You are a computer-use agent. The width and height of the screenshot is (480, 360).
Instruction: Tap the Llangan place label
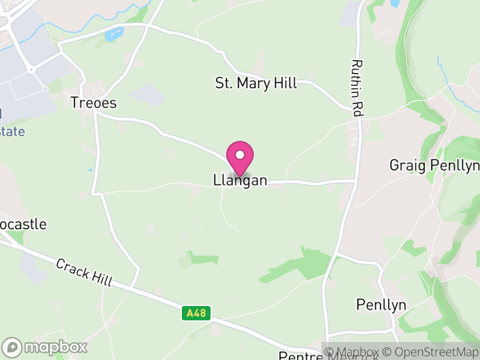click(x=240, y=180)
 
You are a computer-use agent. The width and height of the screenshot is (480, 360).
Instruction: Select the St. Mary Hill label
click(x=256, y=83)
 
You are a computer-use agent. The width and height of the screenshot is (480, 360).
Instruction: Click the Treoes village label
click(x=94, y=103)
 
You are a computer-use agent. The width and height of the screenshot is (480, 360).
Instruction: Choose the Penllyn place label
click(x=381, y=305)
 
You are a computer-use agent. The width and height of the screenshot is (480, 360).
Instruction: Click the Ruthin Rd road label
click(x=358, y=88)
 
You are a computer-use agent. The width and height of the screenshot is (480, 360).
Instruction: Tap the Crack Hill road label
click(x=85, y=272)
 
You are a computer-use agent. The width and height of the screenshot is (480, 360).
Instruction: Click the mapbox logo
click(x=46, y=347)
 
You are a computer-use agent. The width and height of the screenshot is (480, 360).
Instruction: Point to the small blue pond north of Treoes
click(x=112, y=35)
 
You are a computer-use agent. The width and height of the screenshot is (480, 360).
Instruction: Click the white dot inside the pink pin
click(x=240, y=155)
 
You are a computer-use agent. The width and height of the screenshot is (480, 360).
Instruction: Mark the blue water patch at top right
click(x=395, y=4)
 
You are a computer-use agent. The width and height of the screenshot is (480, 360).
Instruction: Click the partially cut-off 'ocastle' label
click(x=23, y=224)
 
